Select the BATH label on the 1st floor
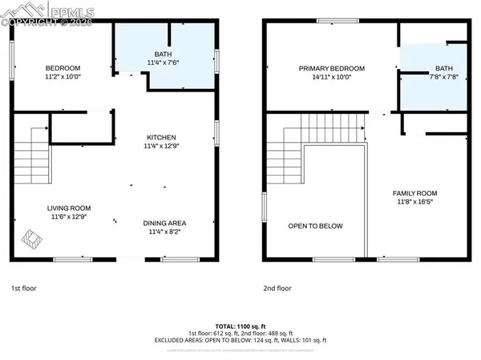(163, 55)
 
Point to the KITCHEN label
(160, 138)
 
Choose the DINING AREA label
(164, 223)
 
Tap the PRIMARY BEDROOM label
(331, 69)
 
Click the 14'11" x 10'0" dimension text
(331, 78)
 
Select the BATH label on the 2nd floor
(443, 69)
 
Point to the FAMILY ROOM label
(414, 193)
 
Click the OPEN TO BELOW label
(315, 226)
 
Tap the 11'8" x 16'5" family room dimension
(414, 202)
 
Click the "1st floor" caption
(23, 288)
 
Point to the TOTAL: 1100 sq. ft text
(240, 326)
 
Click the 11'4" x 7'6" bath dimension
(163, 63)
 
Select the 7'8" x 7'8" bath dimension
(443, 78)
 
